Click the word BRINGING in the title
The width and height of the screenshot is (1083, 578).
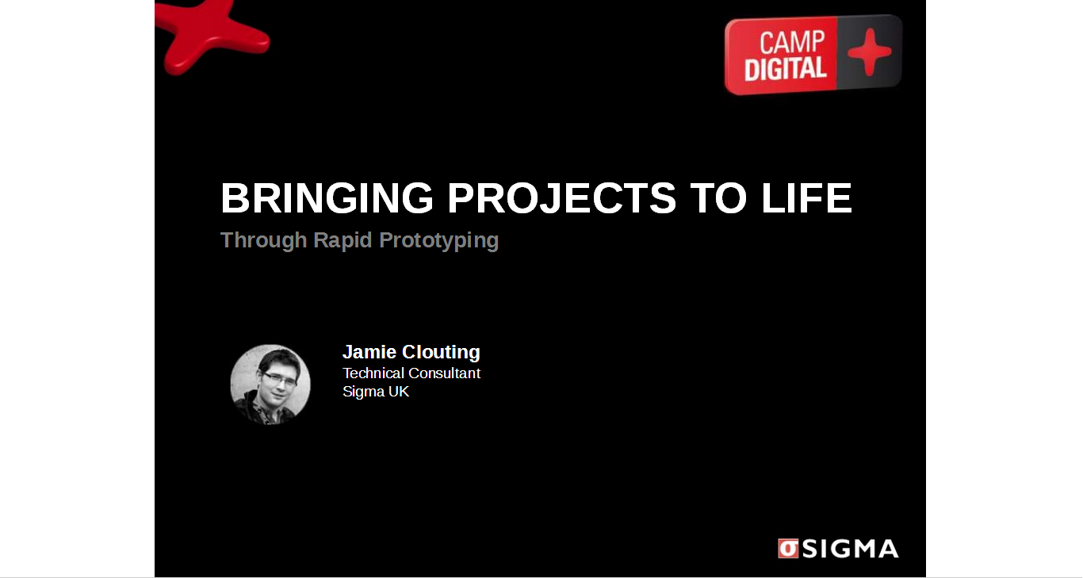(x=327, y=197)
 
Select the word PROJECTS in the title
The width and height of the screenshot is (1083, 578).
(x=561, y=197)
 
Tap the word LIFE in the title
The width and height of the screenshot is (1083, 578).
(x=806, y=197)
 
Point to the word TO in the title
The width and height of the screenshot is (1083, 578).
(x=718, y=197)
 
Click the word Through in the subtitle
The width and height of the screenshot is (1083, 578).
(x=263, y=240)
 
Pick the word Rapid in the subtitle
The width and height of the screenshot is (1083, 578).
(x=343, y=240)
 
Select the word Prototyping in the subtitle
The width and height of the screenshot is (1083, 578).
(x=439, y=241)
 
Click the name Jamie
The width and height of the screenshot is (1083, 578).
(x=369, y=352)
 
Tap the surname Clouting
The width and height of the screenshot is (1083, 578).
(x=442, y=353)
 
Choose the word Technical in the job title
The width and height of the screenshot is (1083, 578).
(x=373, y=373)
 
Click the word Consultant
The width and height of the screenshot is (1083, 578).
(x=444, y=373)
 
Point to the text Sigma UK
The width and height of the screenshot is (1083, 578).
(x=376, y=392)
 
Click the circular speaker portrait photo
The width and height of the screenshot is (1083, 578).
(x=270, y=385)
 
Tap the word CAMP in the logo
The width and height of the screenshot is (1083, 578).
(x=792, y=42)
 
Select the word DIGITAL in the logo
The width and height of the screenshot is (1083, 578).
(x=785, y=69)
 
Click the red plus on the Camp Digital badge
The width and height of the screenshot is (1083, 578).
(x=869, y=52)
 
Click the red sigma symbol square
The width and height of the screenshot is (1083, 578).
(x=788, y=549)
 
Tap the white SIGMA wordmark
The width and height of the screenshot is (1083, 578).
(x=851, y=549)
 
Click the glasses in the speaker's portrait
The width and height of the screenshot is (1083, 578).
(x=279, y=379)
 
